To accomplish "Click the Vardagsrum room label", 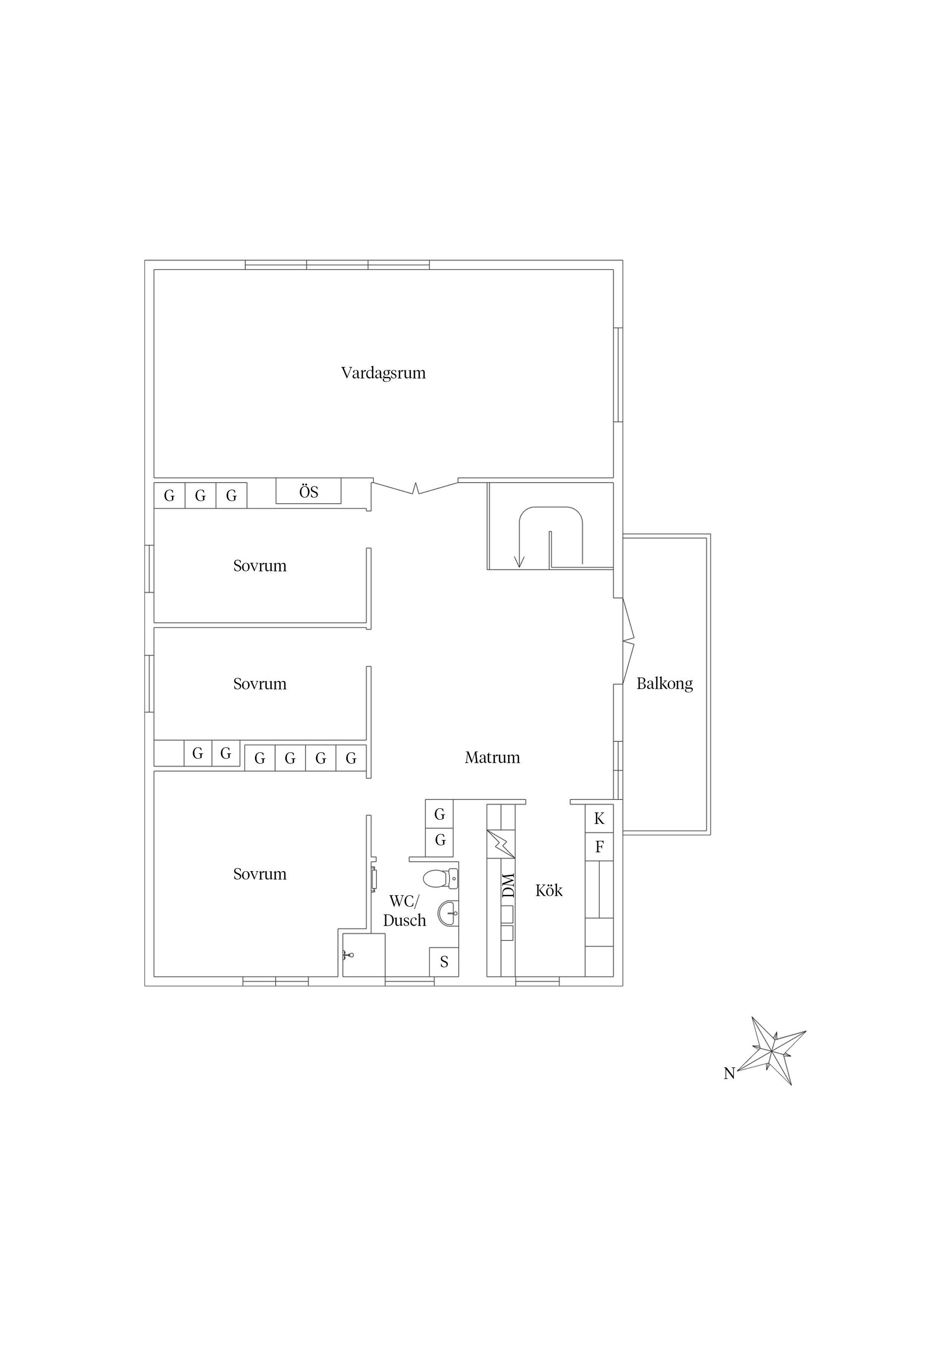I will [x=383, y=373].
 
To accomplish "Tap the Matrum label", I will [x=492, y=758].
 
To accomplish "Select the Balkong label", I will [x=665, y=683].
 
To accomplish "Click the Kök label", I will [x=548, y=890].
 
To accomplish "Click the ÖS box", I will [x=308, y=492].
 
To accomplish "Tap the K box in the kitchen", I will [x=599, y=819].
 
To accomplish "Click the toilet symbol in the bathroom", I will [x=439, y=878].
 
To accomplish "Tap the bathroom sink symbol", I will [x=448, y=913].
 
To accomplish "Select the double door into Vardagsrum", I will [x=416, y=487].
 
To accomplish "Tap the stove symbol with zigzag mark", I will [x=500, y=844].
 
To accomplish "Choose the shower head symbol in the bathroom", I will [x=348, y=955].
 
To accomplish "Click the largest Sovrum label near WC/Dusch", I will [x=260, y=874].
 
